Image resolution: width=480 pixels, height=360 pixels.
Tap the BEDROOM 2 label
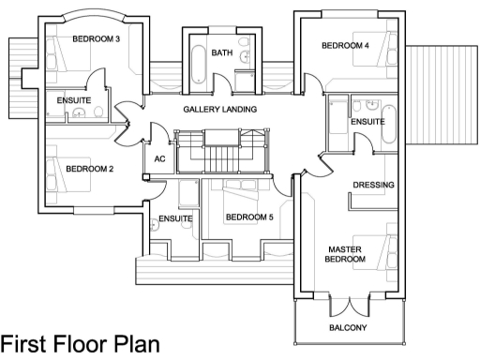pos(90,169)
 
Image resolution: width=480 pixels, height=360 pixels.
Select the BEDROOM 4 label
pos(345,45)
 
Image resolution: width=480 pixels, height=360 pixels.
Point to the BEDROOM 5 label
pos(249,218)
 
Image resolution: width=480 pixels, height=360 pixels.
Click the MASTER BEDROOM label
pos(345,254)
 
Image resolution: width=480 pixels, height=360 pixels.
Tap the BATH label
pos(222,52)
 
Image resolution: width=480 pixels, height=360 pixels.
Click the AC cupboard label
pos(159,159)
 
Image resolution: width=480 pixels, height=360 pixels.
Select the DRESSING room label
pos(373,185)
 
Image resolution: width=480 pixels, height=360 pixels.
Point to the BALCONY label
pos(348,328)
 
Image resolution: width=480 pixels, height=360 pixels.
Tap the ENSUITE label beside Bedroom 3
pos(73,99)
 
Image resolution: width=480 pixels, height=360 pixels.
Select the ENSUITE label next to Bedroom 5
pos(175,218)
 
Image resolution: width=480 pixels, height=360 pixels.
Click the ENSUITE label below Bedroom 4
pos(367,122)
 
